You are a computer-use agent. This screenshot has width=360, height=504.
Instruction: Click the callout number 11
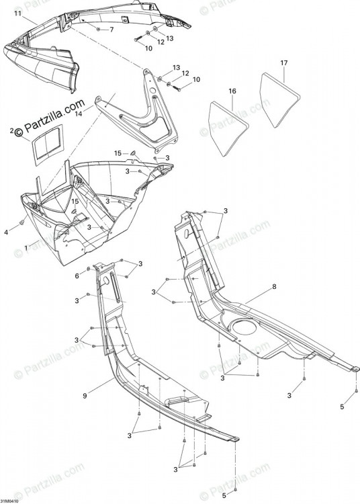click(x=18, y=13)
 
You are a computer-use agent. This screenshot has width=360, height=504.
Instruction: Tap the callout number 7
click(x=111, y=30)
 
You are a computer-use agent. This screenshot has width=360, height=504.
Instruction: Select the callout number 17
click(x=284, y=62)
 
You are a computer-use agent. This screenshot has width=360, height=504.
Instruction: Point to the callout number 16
click(x=232, y=91)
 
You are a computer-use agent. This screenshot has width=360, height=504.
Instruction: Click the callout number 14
click(x=79, y=114)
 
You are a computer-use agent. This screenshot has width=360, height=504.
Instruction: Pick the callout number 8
click(x=274, y=287)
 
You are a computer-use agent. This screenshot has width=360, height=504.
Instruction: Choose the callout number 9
click(x=85, y=396)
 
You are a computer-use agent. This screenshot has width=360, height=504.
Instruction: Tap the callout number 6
click(x=77, y=276)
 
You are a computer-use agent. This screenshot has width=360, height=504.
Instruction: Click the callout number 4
click(x=6, y=232)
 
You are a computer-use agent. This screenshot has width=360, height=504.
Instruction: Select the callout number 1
click(x=26, y=248)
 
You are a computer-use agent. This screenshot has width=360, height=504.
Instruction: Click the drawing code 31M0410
click(x=9, y=501)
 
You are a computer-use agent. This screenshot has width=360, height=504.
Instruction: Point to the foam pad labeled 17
click(x=279, y=99)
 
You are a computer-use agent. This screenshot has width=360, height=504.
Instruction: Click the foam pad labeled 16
click(x=228, y=128)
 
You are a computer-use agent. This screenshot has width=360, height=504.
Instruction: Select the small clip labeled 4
click(x=22, y=222)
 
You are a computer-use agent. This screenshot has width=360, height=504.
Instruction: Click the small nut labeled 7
click(x=98, y=30)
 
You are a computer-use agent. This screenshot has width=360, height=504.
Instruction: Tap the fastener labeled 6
click(x=88, y=268)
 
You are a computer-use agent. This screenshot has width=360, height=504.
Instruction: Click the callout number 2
click(x=12, y=131)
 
